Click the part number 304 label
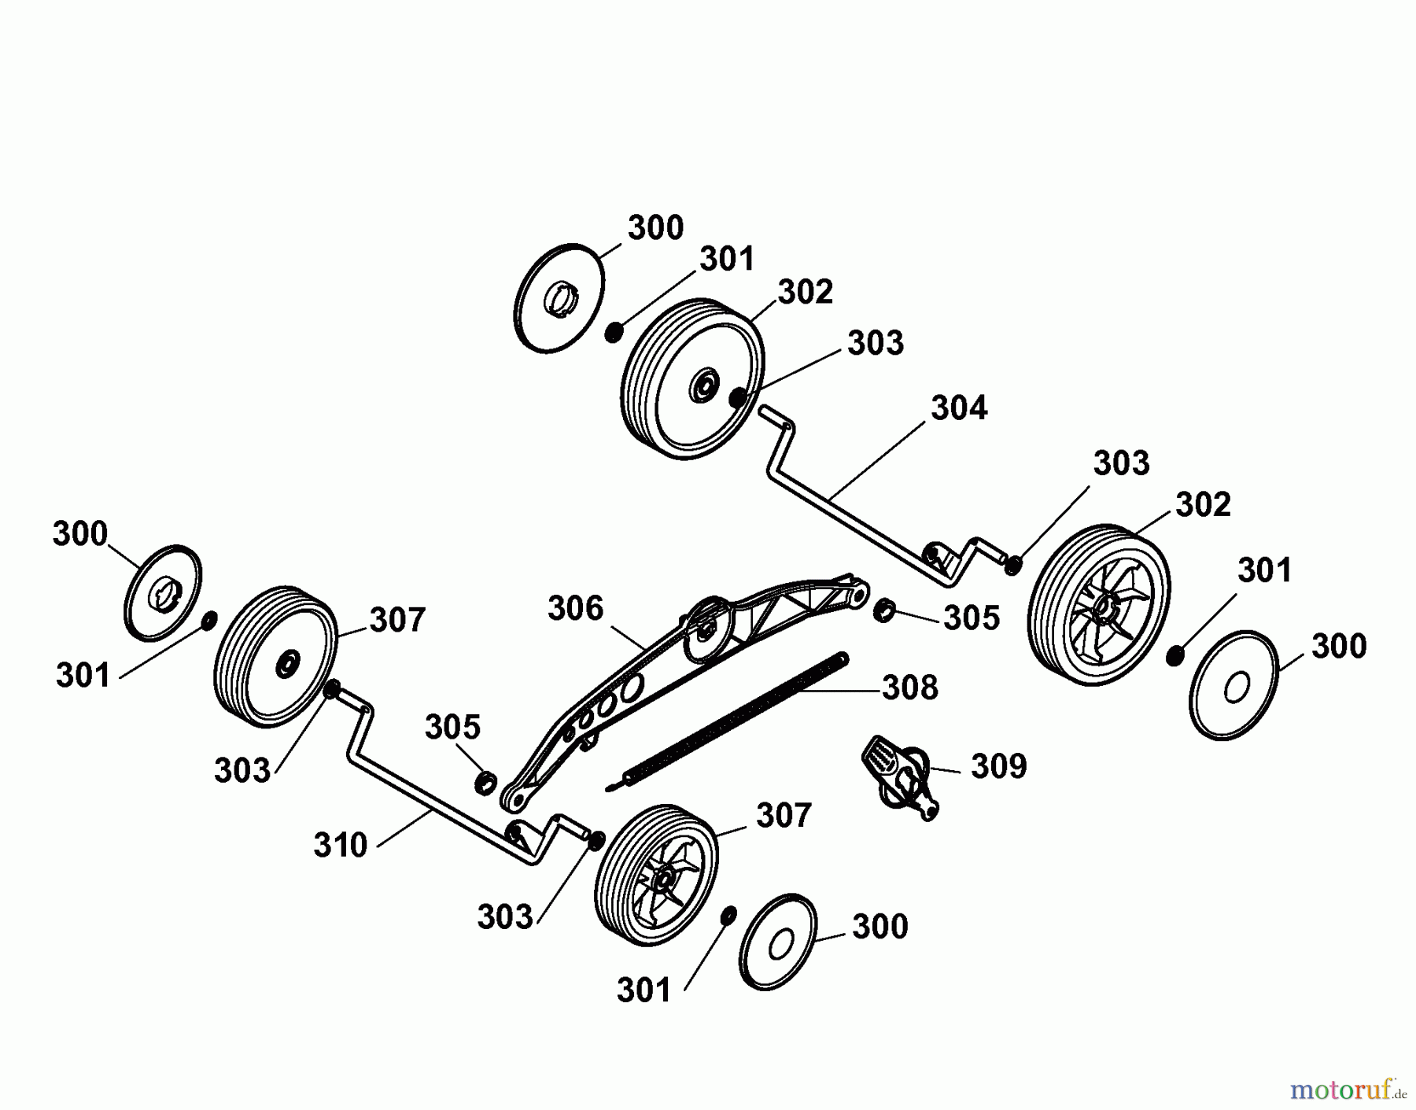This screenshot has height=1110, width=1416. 958,408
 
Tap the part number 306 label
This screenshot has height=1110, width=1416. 575,608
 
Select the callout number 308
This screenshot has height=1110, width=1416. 910,688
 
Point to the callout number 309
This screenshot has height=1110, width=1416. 998,765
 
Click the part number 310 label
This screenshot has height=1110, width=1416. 340,845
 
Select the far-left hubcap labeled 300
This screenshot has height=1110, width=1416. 163,592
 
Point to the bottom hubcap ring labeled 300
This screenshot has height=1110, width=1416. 779,942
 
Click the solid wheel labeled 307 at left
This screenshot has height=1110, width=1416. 275,657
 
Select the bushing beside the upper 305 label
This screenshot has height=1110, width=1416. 883,609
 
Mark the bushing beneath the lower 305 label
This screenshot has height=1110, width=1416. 485,782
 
